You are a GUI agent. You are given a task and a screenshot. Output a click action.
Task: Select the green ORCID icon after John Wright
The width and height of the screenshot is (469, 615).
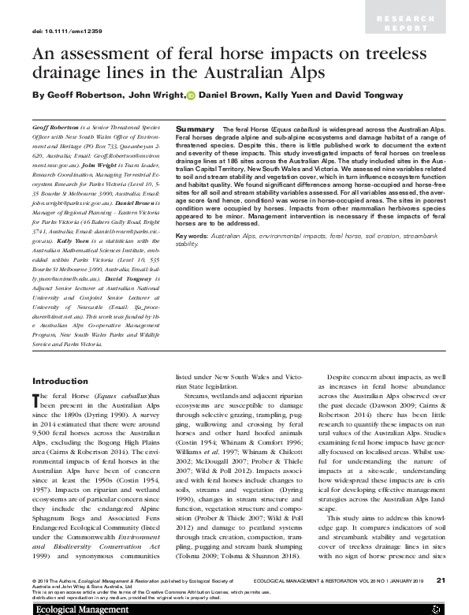pos(191,95)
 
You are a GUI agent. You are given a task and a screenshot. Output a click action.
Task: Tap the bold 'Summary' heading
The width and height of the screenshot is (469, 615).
pos(194,128)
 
